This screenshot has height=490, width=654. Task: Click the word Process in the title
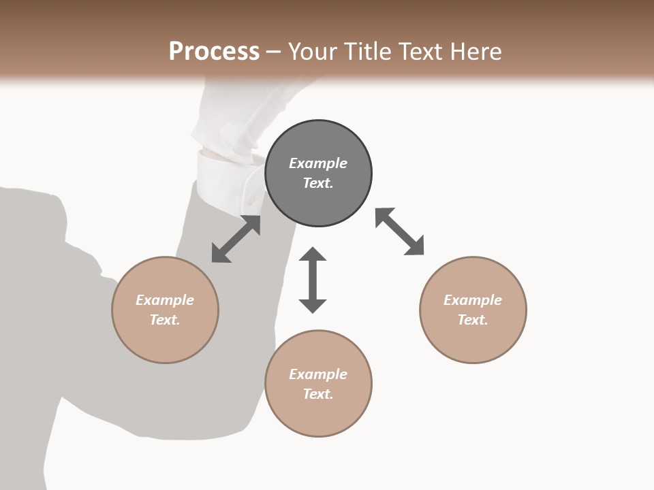[x=214, y=52]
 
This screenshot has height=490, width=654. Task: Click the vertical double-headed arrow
[x=313, y=280]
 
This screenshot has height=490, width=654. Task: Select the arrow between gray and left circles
[x=236, y=239]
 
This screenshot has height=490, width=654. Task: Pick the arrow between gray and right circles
[x=399, y=231]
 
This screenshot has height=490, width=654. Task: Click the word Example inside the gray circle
[x=318, y=163]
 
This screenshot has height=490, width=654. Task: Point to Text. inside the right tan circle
[x=473, y=320]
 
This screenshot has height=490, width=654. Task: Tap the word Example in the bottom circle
[x=318, y=374]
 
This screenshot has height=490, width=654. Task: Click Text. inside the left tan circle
[x=165, y=320]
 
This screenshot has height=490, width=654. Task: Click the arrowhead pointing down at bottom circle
[x=313, y=304]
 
